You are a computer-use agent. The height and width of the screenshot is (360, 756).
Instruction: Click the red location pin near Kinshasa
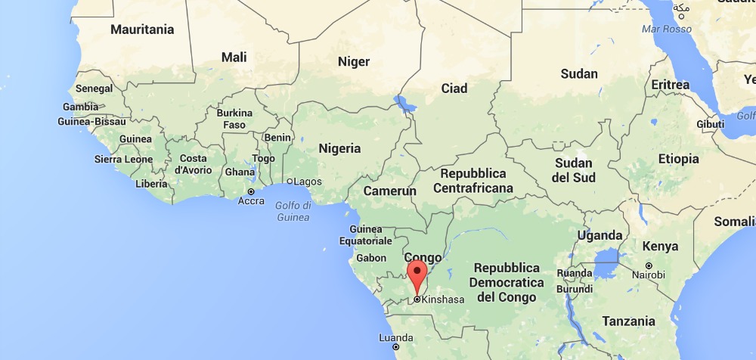(x=417, y=273)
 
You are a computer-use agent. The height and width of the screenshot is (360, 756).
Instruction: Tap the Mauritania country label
(x=142, y=30)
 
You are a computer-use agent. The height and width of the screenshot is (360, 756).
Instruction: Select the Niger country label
(x=353, y=62)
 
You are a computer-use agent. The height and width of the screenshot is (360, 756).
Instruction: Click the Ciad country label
(x=454, y=88)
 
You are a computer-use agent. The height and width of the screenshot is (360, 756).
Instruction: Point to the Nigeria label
(x=339, y=148)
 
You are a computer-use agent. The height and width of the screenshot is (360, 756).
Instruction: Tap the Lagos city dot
(x=289, y=182)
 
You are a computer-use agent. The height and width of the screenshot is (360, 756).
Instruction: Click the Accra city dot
(x=251, y=191)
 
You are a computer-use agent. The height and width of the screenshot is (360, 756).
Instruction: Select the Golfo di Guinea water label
(x=293, y=212)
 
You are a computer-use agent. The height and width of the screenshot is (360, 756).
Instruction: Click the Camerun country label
(x=389, y=191)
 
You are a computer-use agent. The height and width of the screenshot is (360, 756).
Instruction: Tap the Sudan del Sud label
(x=574, y=170)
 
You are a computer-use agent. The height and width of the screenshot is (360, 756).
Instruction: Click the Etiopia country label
(x=678, y=159)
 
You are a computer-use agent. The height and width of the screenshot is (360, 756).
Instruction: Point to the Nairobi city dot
(x=649, y=265)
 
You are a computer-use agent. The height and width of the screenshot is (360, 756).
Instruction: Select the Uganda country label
(x=600, y=235)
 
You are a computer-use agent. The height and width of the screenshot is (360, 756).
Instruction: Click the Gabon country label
(x=370, y=258)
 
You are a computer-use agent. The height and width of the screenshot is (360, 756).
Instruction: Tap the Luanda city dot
(x=395, y=347)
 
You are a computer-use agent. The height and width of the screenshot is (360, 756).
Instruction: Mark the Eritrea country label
(x=670, y=85)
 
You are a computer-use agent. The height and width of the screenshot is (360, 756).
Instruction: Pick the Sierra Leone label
(x=122, y=160)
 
